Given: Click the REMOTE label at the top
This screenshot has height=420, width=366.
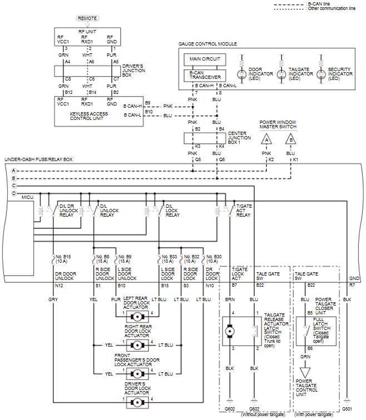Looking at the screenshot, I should tap(88, 18).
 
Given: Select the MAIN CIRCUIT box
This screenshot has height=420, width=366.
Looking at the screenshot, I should tap(204, 59).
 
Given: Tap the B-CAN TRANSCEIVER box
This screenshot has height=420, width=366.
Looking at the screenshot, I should tap(204, 76).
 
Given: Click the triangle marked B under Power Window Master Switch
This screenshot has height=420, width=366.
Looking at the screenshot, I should tap(290, 139).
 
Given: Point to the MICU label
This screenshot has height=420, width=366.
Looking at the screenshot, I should tap(27, 197).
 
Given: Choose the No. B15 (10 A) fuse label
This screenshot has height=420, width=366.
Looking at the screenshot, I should tap(63, 258).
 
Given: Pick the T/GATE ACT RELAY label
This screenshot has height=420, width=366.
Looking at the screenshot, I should tap(243, 211).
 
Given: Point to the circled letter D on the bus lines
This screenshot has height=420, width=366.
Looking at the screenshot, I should tap(13, 193).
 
